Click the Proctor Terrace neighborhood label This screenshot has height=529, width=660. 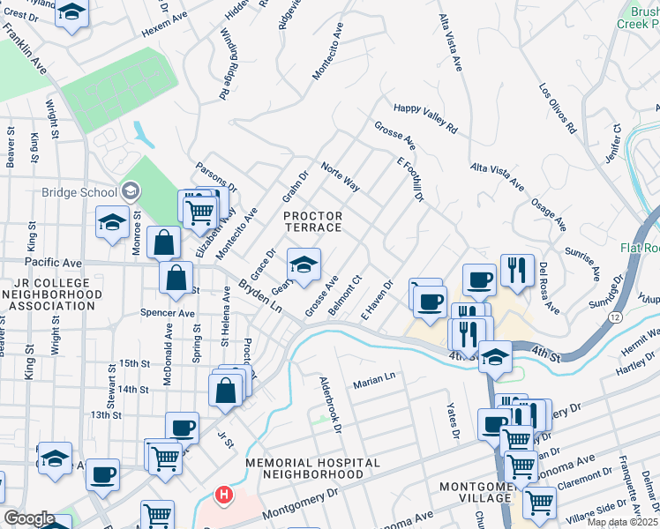point(312,221)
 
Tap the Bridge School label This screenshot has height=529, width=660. point(79,192)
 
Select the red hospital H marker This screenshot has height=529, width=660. point(225,495)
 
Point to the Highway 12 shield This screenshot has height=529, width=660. point(613,316)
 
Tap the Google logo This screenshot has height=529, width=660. point(29,518)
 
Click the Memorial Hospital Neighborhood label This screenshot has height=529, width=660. point(313,469)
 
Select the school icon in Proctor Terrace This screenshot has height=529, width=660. point(304,264)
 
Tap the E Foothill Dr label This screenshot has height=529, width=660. point(411,180)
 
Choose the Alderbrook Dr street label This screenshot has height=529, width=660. point(331,406)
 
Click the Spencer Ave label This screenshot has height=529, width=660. point(167,313)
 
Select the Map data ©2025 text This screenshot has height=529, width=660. point(623,522)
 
